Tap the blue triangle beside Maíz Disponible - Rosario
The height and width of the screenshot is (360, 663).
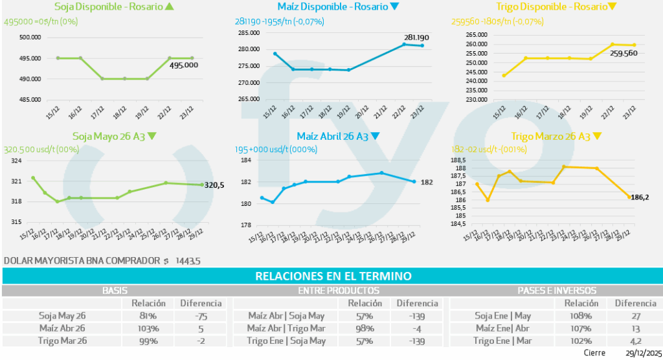click(395, 7)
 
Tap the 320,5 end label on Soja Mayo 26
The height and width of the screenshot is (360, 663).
click(214, 185)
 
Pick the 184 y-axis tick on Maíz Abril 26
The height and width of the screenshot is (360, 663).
click(246, 161)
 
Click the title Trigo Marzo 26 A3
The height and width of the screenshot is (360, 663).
click(550, 137)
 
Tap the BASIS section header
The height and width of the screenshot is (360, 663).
click(114, 291)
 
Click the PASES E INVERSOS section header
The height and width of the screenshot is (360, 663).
click(557, 291)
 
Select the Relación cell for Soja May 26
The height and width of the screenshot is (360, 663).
click(148, 316)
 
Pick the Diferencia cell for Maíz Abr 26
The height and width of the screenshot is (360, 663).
click(201, 328)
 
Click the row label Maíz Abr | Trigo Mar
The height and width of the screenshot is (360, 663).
click(286, 328)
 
